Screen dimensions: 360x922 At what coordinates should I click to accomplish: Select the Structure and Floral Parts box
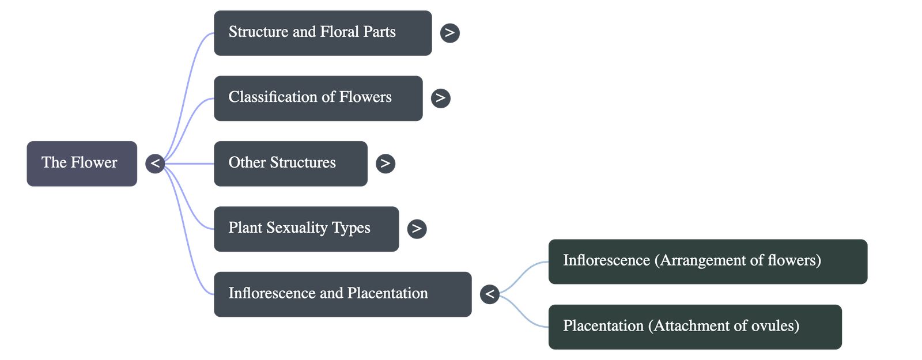click(322, 33)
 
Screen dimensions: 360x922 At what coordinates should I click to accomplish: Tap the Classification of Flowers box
click(318, 98)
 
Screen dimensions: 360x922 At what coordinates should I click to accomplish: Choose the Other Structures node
click(290, 164)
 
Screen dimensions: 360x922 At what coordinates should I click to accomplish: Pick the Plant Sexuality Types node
click(306, 229)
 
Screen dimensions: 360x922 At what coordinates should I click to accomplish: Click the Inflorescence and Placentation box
click(342, 294)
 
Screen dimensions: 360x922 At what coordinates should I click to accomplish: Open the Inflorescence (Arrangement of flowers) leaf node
click(707, 262)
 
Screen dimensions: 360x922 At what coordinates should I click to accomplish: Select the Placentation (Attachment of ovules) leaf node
click(694, 327)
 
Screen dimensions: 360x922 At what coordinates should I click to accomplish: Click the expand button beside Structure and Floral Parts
click(449, 33)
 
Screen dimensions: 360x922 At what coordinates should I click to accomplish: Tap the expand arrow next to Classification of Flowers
click(440, 98)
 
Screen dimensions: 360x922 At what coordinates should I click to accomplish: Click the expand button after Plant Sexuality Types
click(417, 229)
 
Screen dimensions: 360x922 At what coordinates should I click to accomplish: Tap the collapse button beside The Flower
click(154, 164)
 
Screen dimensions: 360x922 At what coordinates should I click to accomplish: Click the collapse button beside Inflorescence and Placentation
click(489, 294)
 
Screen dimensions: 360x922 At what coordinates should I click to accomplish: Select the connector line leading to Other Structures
click(190, 164)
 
